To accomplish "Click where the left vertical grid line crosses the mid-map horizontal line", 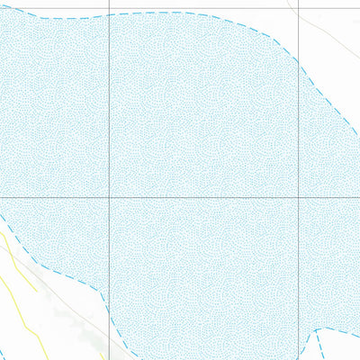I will [109, 198].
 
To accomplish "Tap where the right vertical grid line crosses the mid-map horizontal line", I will [298, 198].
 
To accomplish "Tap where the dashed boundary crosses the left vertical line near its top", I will [109, 14].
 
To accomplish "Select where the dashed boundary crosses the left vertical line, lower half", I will [109, 313].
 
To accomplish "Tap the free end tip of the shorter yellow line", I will [37, 292].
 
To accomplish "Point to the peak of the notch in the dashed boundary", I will [318, 330].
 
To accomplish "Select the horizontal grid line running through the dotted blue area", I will [198, 198].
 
